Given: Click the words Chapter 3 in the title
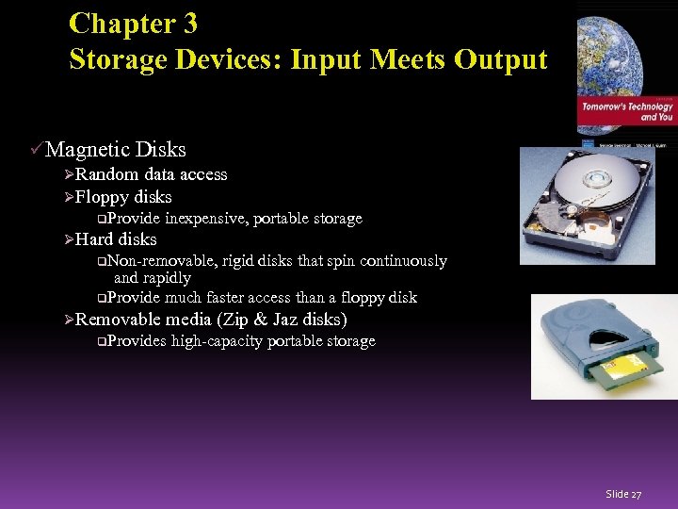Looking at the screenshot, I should [x=134, y=23].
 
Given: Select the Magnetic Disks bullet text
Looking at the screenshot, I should [x=116, y=149].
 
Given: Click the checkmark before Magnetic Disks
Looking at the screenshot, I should [x=37, y=149].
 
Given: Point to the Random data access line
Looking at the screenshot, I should [x=151, y=174].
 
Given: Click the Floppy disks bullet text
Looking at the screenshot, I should [x=123, y=197].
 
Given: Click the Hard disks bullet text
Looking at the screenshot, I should [x=116, y=239].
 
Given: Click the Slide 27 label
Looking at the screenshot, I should [x=623, y=494].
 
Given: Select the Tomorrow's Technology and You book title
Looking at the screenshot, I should [x=626, y=111].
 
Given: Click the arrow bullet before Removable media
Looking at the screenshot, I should [x=69, y=320].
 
